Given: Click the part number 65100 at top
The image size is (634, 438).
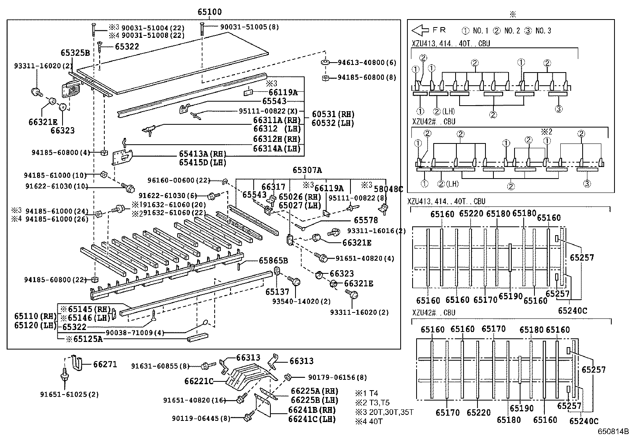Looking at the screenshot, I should (x=209, y=12).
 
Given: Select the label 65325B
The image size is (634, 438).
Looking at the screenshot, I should (x=75, y=53).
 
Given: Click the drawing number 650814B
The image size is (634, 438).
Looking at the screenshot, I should (x=612, y=432).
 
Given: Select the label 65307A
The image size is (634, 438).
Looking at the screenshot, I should (x=307, y=170).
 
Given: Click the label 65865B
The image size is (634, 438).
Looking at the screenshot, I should (x=273, y=261).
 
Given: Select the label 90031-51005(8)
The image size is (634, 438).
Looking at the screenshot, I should (x=250, y=27).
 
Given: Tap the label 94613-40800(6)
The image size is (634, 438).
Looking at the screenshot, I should (x=367, y=63).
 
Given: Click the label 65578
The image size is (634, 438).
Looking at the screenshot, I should (x=366, y=220).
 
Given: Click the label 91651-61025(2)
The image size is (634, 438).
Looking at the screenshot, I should (x=69, y=395).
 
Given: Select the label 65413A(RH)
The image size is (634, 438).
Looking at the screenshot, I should (x=202, y=154).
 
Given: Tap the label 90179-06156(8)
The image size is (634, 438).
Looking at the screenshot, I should (x=337, y=377).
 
